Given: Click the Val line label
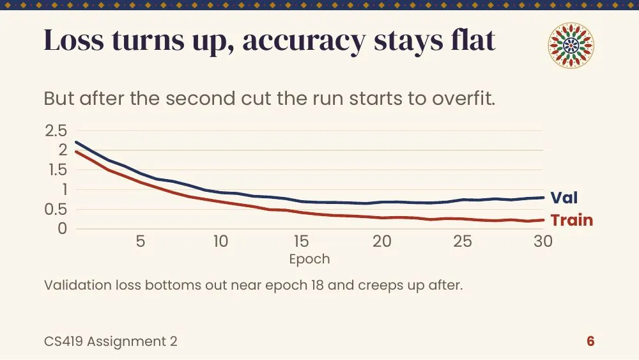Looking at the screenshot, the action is [x=564, y=198].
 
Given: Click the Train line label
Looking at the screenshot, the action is [x=572, y=220].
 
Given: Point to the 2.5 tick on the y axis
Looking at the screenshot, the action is [x=56, y=131].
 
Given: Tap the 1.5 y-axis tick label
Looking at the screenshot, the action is [x=58, y=170].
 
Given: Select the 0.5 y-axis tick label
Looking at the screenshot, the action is [x=56, y=210].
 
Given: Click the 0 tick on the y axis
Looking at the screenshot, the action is [x=63, y=229].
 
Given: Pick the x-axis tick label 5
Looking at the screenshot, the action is [x=141, y=241].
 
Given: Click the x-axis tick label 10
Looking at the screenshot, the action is [x=221, y=241].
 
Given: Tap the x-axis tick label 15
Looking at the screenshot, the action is [x=301, y=241].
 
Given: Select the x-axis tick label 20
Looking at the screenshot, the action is [x=382, y=241].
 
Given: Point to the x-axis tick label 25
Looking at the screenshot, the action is [x=463, y=241].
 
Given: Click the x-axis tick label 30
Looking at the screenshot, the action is [x=543, y=241].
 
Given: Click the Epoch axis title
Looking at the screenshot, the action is [x=310, y=260].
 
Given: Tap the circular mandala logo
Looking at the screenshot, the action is [x=571, y=45].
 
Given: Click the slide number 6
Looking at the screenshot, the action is [x=590, y=341].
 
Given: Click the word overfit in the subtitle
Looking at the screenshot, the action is [x=464, y=98].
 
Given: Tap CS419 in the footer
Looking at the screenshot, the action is [x=63, y=341].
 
